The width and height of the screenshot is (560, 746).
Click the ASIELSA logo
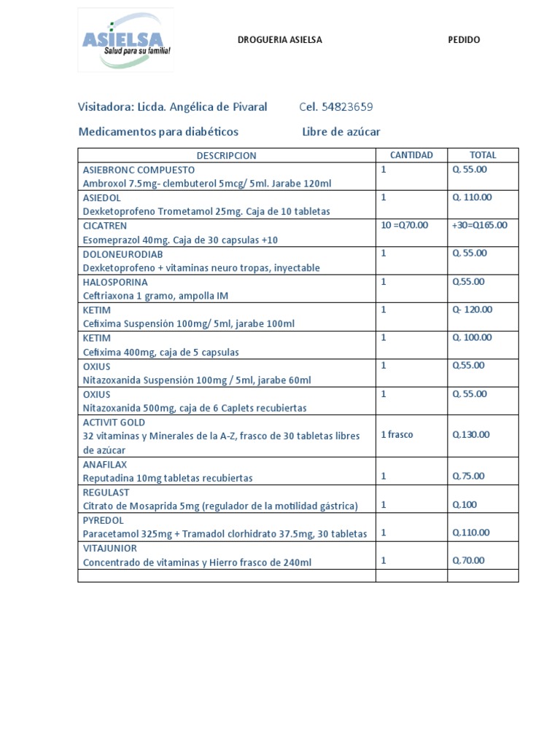click(125, 40)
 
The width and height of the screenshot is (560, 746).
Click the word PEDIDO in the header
click(464, 40)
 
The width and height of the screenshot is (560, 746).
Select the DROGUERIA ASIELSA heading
click(280, 40)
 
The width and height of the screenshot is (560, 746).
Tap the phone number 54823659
click(347, 107)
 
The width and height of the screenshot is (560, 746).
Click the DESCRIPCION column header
click(226, 155)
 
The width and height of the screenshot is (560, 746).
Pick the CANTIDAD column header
click(411, 155)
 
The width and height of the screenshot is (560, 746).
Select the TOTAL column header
click(483, 155)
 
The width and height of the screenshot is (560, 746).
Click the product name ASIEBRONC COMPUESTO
click(139, 170)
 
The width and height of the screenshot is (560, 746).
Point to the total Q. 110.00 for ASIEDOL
click(472, 197)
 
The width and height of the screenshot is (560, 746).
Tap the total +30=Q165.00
click(479, 225)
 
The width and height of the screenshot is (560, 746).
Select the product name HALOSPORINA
click(115, 282)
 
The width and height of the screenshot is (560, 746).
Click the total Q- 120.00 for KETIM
click(472, 310)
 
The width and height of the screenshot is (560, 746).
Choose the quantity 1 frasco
click(397, 435)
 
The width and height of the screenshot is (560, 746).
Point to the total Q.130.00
click(471, 435)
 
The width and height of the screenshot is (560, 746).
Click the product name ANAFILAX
click(105, 464)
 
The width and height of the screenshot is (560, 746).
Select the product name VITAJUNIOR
click(110, 548)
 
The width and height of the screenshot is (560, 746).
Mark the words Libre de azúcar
click(341, 132)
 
